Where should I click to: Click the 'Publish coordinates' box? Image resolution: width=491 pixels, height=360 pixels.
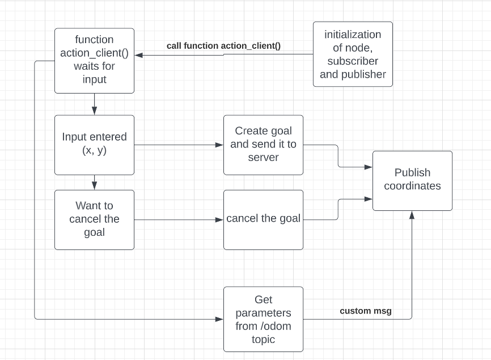point(412,180)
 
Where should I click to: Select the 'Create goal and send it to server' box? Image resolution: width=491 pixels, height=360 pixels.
point(263,145)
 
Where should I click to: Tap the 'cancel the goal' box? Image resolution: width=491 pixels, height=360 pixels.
point(263,219)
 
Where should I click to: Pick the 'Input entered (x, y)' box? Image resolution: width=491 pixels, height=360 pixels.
point(94,145)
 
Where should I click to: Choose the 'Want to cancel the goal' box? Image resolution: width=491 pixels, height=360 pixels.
point(94,219)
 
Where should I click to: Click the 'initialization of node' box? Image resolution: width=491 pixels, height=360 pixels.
point(353,54)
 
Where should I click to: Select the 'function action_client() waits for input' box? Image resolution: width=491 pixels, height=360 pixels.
point(94,60)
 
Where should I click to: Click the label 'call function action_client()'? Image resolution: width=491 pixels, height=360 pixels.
point(223,46)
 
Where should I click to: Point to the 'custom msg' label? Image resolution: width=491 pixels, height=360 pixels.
point(366,311)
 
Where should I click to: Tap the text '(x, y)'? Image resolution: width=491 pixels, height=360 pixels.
point(94,151)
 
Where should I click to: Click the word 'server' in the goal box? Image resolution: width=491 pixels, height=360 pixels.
point(263,158)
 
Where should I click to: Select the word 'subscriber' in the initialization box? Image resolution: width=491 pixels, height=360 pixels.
point(353,61)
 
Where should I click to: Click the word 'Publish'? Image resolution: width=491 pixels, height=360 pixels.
point(412,173)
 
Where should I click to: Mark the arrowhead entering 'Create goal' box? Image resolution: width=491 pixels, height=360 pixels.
point(220,145)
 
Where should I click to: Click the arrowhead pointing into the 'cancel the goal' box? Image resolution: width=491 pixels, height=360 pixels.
point(220,219)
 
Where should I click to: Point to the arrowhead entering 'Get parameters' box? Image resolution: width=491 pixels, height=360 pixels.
point(220,320)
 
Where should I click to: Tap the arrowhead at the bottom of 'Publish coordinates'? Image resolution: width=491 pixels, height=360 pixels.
point(412,214)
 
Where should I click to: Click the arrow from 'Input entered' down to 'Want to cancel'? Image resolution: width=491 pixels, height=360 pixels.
point(94,182)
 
